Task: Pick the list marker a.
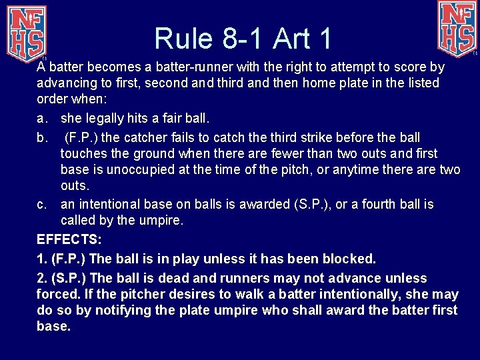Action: click(x=42, y=119)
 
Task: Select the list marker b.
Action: click(x=42, y=137)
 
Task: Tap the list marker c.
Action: click(x=42, y=204)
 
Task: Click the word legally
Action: click(x=105, y=119)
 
